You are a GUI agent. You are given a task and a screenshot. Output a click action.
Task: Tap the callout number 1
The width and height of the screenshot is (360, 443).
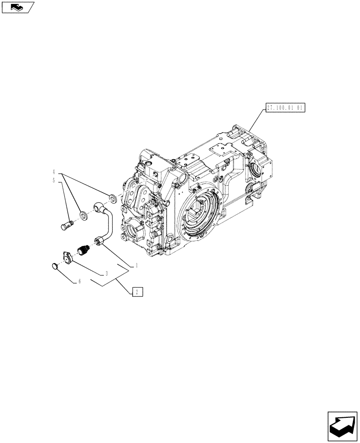137,266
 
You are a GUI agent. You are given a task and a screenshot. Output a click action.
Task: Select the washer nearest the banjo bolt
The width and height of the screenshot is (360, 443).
83,216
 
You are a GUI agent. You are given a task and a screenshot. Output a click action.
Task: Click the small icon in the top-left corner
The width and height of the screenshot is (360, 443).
18,7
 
